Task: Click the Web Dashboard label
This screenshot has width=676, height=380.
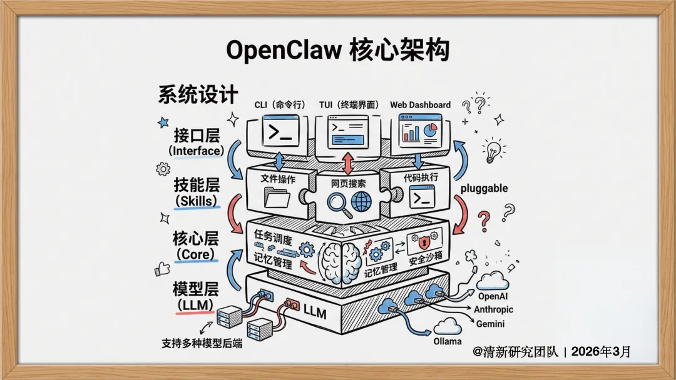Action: pyautogui.click(x=420, y=105)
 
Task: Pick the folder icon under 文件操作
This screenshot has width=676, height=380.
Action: pyautogui.click(x=277, y=199)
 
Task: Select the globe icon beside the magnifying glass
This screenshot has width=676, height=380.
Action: pyautogui.click(x=361, y=202)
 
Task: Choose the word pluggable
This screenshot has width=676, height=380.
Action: pyautogui.click(x=484, y=187)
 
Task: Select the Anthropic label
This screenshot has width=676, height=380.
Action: pyautogui.click(x=493, y=310)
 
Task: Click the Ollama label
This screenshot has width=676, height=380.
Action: pyautogui.click(x=448, y=341)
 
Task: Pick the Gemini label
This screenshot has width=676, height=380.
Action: pyautogui.click(x=491, y=324)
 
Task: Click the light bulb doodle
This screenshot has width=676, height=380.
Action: pyautogui.click(x=493, y=151)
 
